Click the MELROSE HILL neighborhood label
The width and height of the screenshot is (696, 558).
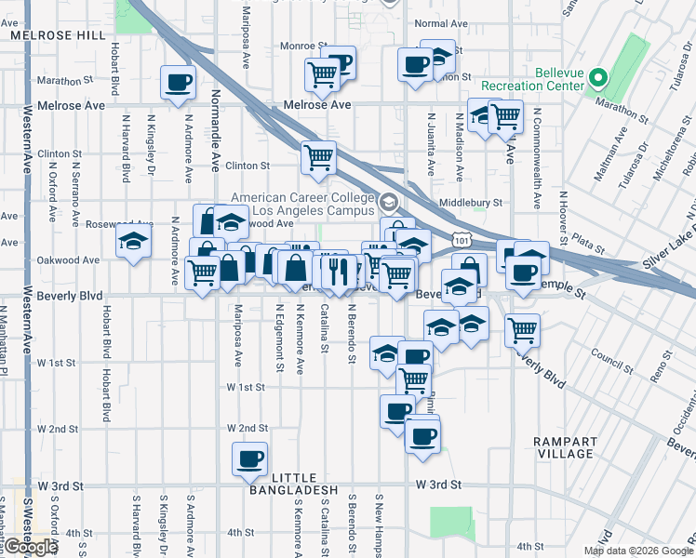(x=57, y=34)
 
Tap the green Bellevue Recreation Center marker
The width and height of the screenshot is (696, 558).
(x=599, y=79)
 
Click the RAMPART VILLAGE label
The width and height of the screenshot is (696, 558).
(x=565, y=446)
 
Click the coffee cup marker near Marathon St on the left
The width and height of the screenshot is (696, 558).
(x=178, y=81)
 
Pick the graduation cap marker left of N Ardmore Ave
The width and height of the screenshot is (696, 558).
(x=133, y=241)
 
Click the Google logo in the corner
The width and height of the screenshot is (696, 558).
(x=30, y=547)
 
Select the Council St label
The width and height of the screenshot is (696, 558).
(x=610, y=353)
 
